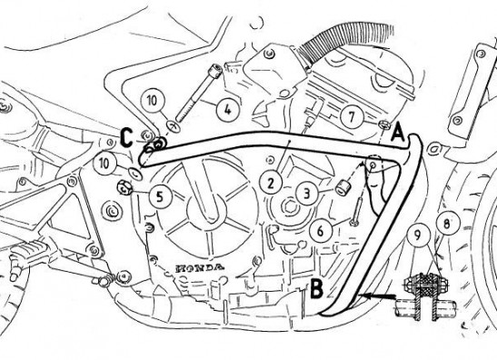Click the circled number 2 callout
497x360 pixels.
pos(271,184)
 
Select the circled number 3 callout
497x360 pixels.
pos(306,194)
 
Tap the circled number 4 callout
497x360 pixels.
pos(227,110)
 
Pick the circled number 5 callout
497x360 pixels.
pos(161,197)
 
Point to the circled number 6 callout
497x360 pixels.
pos(320,231)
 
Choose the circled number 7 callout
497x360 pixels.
pos(352,117)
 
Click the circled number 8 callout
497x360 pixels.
pos(447,225)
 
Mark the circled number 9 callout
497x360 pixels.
pos(418,235)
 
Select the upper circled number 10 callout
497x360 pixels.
pos(153,101)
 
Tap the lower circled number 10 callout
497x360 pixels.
pos(104,164)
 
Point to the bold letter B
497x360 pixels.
pos(316,288)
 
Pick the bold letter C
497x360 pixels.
pos(126,138)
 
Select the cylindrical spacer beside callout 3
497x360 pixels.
pos(342,186)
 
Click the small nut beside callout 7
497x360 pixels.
pos(384,125)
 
